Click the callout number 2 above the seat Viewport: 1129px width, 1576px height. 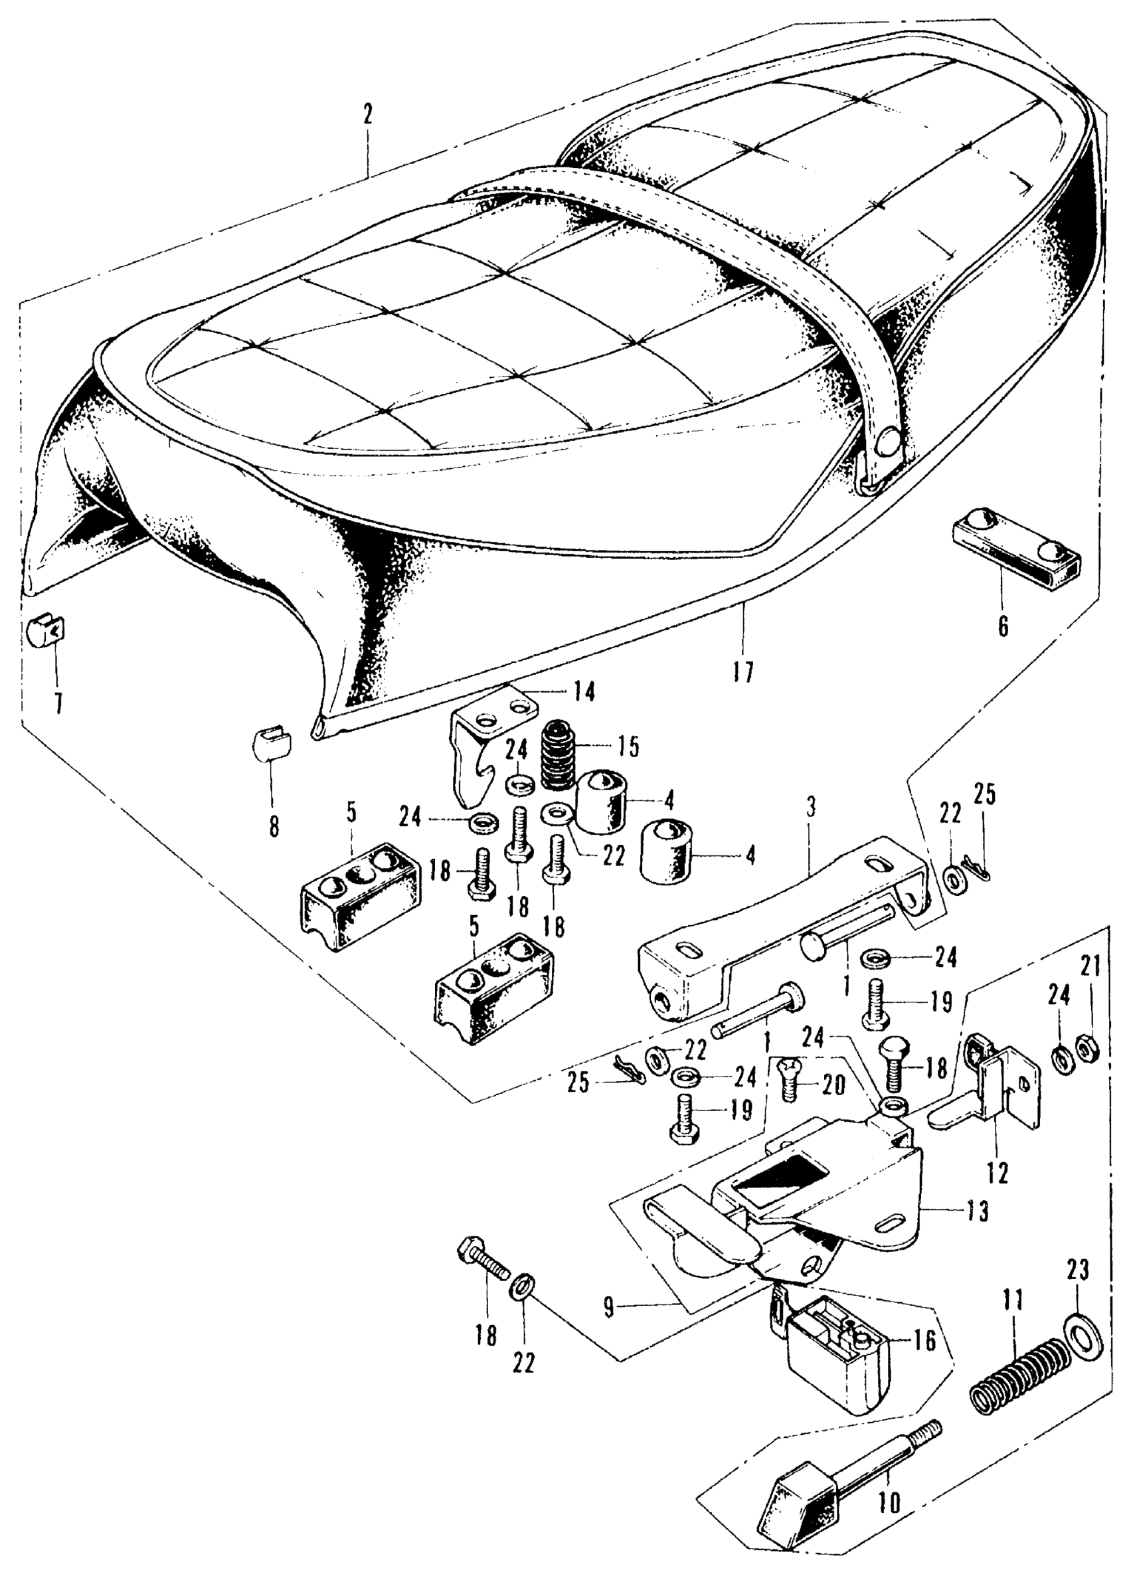tap(367, 115)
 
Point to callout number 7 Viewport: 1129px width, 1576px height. tap(58, 705)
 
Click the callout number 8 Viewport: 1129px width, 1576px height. tap(274, 826)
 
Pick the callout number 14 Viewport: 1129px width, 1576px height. tap(585, 692)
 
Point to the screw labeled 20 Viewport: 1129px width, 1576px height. tap(789, 1086)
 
